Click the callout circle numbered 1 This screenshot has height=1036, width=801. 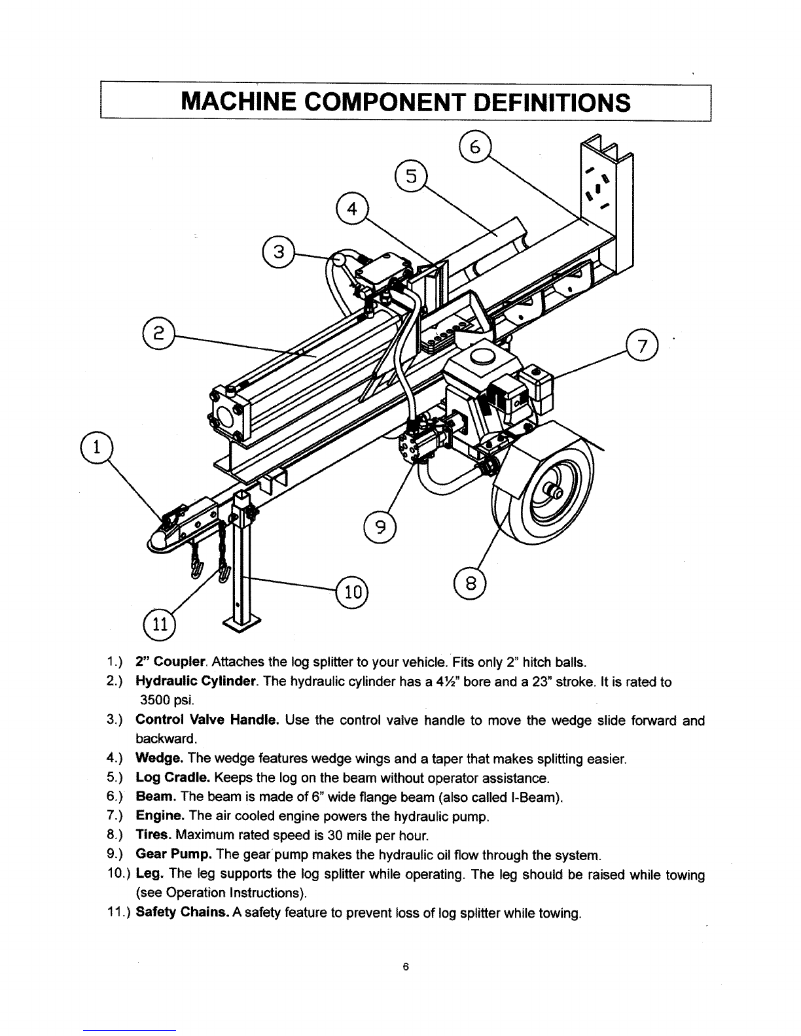coord(97,448)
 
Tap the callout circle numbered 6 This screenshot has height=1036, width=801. coord(475,147)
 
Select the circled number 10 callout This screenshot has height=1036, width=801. coord(353,593)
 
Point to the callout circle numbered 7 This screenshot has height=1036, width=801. coord(642,346)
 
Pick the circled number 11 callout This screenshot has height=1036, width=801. coord(160,624)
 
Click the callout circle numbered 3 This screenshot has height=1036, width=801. coord(279,252)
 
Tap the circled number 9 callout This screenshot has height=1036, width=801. coord(380,527)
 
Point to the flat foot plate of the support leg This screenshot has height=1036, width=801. coord(242,623)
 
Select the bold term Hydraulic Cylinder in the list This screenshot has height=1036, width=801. coord(196,682)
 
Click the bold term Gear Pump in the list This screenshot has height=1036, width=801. coord(173,854)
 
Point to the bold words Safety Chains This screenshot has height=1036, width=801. coord(182,912)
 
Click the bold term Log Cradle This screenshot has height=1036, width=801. coord(173,778)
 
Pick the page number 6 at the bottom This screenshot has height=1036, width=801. coord(406,967)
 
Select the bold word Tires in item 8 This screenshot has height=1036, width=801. coord(154,835)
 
